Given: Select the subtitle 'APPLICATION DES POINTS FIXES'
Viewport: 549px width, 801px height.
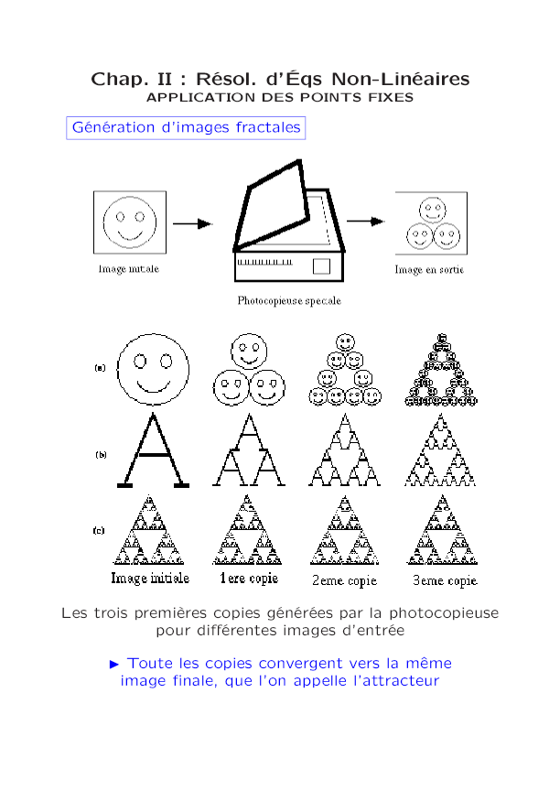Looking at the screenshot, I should [x=280, y=97].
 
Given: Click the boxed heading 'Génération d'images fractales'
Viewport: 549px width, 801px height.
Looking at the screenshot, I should [x=186, y=128].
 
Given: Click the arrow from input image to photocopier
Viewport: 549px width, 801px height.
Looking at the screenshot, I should [x=192, y=223].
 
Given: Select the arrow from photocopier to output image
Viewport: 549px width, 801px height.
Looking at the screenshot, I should [x=364, y=221].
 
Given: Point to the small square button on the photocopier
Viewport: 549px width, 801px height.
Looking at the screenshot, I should [x=321, y=266].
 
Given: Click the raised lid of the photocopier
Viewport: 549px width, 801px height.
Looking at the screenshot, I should [x=272, y=206].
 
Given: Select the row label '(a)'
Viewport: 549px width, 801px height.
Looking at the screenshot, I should [x=100, y=368].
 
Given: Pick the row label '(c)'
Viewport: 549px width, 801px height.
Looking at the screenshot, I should [x=100, y=530].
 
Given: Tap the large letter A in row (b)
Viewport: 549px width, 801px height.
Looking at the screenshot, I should [x=153, y=452].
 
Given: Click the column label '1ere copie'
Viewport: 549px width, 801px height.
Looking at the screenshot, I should [x=248, y=579].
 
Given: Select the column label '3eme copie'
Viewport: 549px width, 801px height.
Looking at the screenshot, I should [x=444, y=580].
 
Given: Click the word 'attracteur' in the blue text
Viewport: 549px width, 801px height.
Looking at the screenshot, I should [x=396, y=681].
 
